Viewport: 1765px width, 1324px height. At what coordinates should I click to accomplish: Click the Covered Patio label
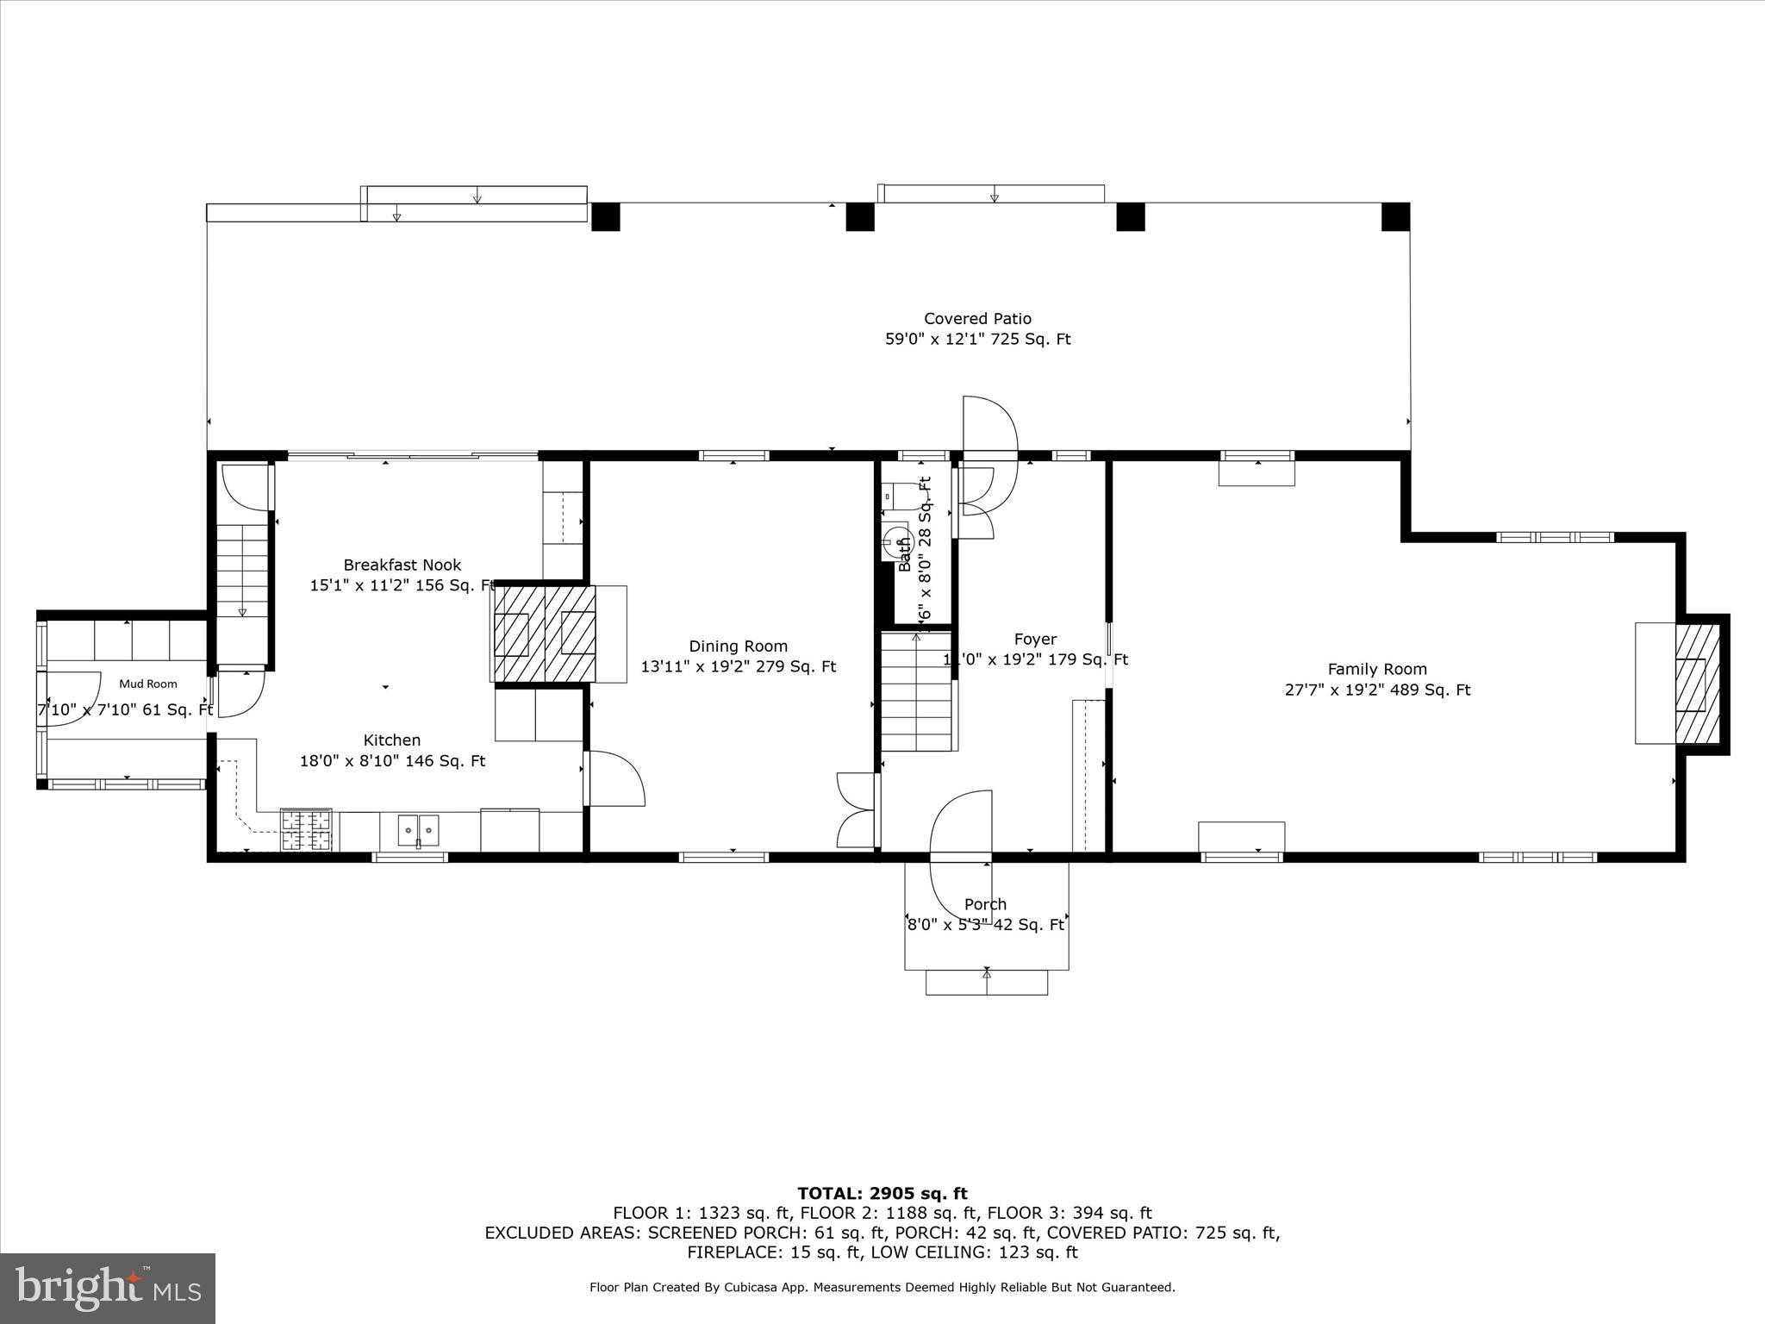tap(977, 319)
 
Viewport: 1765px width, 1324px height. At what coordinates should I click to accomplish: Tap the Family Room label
tap(1376, 669)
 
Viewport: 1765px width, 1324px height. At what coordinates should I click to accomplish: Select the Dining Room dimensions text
tap(738, 667)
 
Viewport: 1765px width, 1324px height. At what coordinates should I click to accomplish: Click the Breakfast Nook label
tap(402, 565)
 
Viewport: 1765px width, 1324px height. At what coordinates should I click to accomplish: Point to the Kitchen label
tap(392, 740)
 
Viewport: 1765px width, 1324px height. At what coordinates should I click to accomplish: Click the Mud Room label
tap(148, 684)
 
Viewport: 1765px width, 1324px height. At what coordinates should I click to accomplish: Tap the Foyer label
tap(1035, 640)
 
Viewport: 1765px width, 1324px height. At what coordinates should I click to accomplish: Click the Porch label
tap(985, 904)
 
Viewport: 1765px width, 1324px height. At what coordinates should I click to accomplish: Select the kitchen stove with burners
tap(307, 831)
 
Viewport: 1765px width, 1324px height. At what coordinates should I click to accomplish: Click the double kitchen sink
tap(418, 830)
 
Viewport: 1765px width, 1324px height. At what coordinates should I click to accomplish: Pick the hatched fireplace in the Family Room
tap(1696, 684)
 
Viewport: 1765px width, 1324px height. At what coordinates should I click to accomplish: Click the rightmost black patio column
tap(1395, 217)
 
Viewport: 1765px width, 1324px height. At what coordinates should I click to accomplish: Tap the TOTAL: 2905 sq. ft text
tap(882, 1194)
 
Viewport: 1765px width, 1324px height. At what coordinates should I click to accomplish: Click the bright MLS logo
tap(108, 1289)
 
